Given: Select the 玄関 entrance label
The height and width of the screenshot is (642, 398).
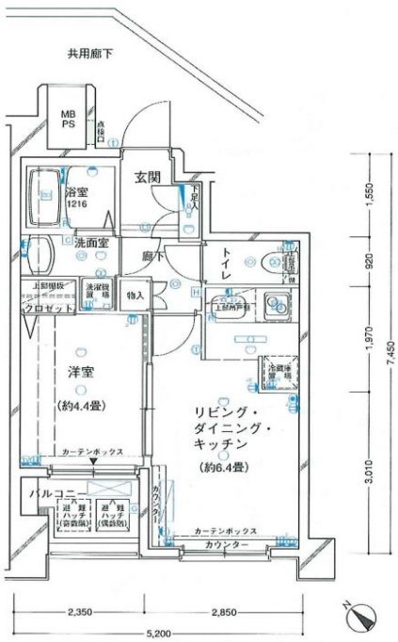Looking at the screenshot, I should [147, 176].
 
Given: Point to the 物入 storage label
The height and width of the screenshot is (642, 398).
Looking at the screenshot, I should [135, 296].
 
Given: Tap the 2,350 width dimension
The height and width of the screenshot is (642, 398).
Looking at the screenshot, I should [78, 613].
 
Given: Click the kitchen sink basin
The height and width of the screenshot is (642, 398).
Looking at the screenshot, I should [276, 304].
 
